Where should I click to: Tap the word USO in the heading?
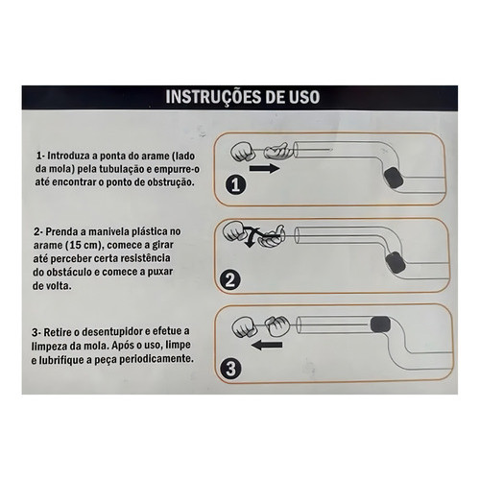click(303, 97)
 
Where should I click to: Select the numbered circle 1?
click(236, 184)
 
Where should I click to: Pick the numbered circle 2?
click(230, 280)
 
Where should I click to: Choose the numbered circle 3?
click(230, 369)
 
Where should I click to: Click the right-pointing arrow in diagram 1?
click(264, 168)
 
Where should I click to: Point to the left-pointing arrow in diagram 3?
click(267, 345)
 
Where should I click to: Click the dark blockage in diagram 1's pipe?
click(393, 179)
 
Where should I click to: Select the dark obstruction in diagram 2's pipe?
click(396, 262)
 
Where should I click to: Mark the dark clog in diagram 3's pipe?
click(380, 324)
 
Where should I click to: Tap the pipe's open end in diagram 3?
click(300, 324)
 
